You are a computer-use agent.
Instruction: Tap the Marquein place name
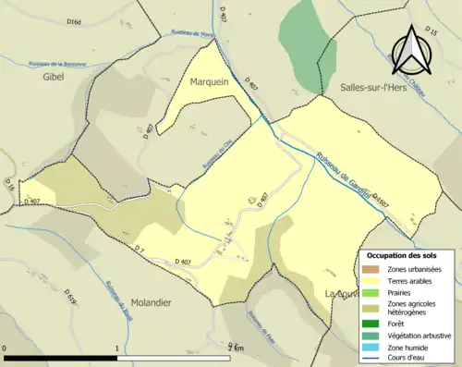point(216,81)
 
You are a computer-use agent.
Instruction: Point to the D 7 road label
point(140,251)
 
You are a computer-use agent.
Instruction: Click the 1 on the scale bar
point(117,348)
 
